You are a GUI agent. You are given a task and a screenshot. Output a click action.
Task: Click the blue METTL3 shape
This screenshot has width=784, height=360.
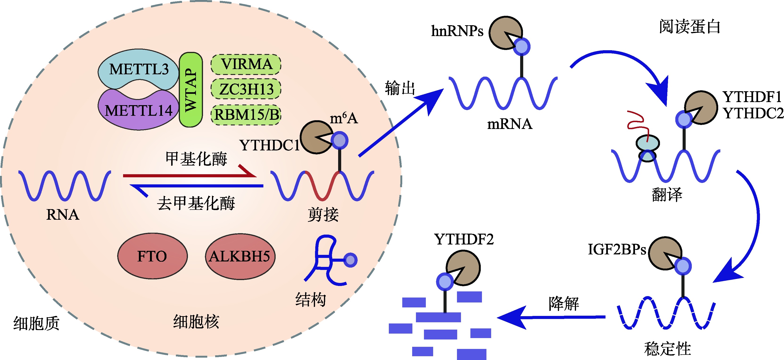pyautogui.click(x=138, y=69)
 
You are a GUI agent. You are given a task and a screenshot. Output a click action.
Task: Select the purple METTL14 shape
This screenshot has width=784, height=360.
pyautogui.click(x=138, y=111)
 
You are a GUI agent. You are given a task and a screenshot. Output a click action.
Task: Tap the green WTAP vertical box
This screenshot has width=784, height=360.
pyautogui.click(x=191, y=90)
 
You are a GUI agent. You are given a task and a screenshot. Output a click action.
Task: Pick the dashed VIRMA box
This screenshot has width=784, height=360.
pyautogui.click(x=246, y=64)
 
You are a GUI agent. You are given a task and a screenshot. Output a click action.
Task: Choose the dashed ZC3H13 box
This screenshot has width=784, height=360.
pyautogui.click(x=246, y=89)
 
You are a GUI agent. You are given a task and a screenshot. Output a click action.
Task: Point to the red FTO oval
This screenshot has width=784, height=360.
pyautogui.click(x=152, y=256)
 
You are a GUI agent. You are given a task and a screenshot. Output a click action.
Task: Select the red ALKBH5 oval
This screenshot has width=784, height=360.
pyautogui.click(x=240, y=256)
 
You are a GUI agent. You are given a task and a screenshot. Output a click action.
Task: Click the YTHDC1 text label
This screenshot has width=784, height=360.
pyautogui.click(x=269, y=145)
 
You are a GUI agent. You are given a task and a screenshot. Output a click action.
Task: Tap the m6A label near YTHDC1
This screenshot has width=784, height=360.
pyautogui.click(x=344, y=118)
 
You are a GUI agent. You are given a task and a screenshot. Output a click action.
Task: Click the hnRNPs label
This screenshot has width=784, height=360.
pyautogui.click(x=457, y=31)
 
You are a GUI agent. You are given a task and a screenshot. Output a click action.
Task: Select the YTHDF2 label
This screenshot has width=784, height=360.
pyautogui.click(x=464, y=240)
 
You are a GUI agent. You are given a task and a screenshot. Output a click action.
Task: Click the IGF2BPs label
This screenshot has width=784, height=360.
pyautogui.click(x=617, y=249)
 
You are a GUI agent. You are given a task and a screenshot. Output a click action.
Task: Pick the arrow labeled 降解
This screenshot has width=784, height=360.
pyautogui.click(x=551, y=317)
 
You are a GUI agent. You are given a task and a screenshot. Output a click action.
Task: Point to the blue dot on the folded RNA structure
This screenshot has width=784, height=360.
pyautogui.click(x=351, y=260)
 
